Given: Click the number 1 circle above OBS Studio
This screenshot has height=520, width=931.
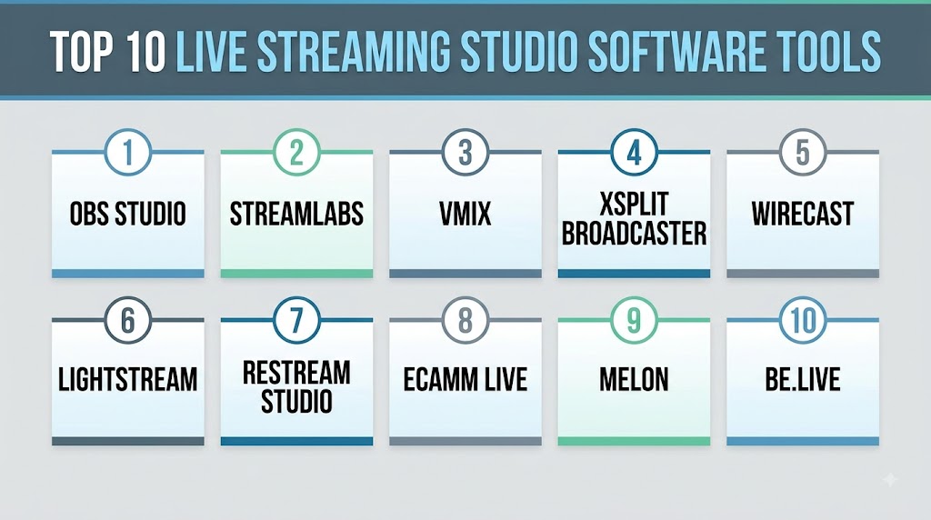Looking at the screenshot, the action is (127, 152).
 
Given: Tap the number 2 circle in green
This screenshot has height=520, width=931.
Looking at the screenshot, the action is (296, 152).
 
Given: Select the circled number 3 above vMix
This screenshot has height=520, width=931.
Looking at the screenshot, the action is (465, 152).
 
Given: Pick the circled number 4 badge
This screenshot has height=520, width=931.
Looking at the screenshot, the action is (634, 152).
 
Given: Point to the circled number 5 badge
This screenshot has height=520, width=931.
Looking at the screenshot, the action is (803, 152).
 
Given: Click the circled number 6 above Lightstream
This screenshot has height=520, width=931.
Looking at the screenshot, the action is (127, 321).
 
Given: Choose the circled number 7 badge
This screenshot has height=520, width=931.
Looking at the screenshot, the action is (296, 321).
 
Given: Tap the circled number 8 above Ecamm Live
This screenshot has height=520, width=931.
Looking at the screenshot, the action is (465, 321).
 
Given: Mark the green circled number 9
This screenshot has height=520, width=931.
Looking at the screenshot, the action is (634, 321).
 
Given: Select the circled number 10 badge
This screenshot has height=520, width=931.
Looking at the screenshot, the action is (803, 321).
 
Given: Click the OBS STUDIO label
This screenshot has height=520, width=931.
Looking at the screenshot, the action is (127, 214).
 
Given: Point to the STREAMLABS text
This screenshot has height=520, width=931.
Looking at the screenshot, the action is (296, 214).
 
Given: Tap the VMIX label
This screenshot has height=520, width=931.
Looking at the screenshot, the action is (465, 214).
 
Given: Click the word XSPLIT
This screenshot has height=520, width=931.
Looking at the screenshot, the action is (634, 204).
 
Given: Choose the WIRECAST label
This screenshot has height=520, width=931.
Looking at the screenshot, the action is (803, 214).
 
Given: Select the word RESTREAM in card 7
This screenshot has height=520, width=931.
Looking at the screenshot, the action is (296, 373).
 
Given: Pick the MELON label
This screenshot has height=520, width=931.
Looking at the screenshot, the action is (634, 380).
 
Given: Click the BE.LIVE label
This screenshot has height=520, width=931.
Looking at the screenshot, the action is (803, 380).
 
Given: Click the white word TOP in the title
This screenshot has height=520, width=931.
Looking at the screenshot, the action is (82, 51).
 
